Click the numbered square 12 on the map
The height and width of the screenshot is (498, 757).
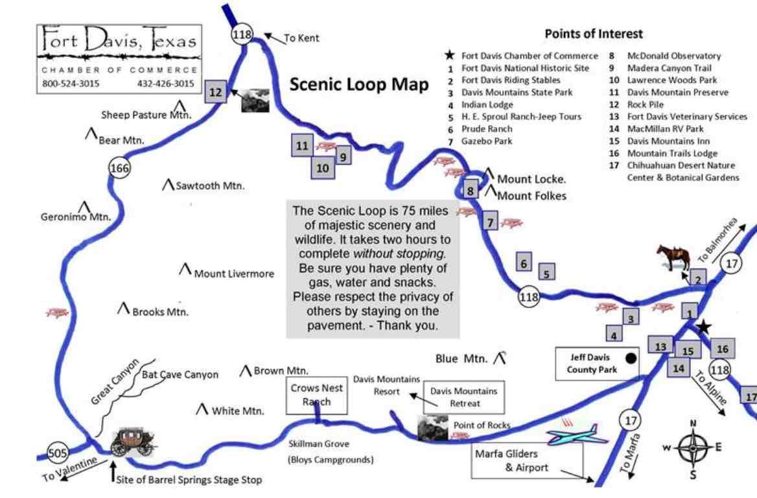(x=215, y=92)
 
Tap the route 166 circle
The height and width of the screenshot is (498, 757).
(x=119, y=167)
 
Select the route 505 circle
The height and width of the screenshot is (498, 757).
(x=58, y=453)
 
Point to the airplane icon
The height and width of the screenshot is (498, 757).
(x=576, y=434)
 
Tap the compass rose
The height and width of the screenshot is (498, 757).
(x=693, y=448)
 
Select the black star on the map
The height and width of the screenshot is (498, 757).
(x=704, y=327)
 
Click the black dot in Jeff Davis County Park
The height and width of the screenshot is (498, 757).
(x=631, y=359)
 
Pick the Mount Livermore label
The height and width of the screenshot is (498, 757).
(x=234, y=274)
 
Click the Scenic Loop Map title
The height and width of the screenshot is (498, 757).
(x=358, y=84)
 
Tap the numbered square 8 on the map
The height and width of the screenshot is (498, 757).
(x=470, y=190)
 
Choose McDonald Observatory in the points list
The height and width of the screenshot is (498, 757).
(x=674, y=56)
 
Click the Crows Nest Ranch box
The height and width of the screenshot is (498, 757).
(x=317, y=395)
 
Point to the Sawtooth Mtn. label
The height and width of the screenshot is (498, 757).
(x=210, y=185)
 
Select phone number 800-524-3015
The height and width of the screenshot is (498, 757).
(x=71, y=83)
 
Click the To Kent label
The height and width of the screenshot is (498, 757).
(x=301, y=38)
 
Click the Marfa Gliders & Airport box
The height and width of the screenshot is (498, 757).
(x=527, y=460)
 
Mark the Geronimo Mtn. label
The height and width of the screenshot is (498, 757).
(x=76, y=217)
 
